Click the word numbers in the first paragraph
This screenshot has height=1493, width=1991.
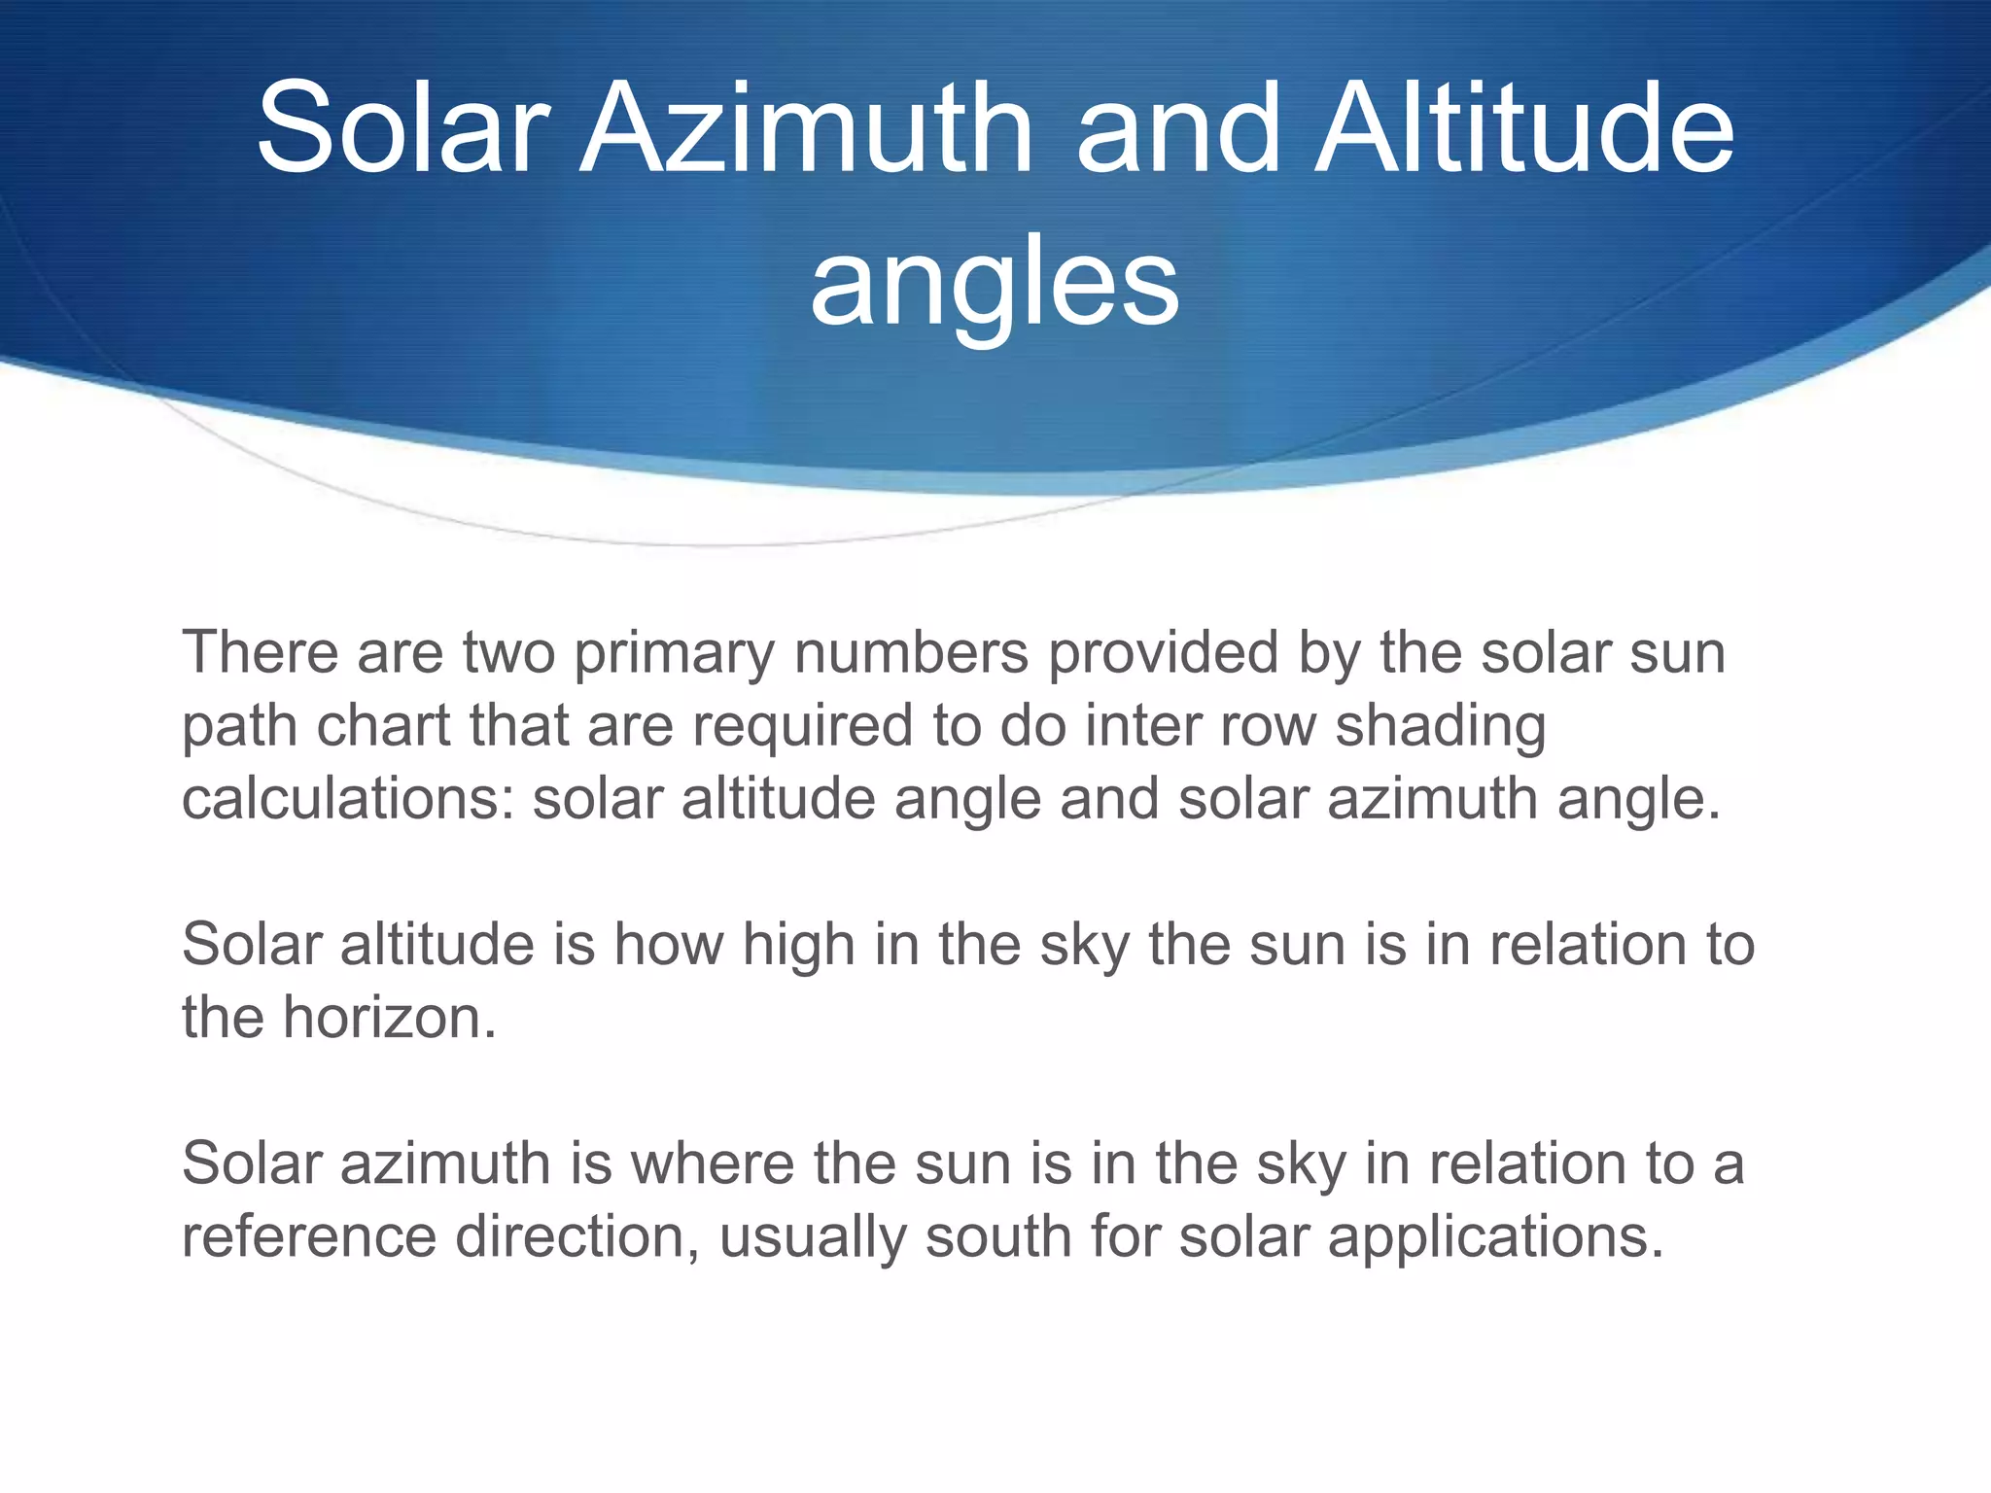pos(911,652)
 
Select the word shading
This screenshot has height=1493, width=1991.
pos(1440,728)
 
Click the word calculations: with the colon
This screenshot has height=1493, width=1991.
pos(347,799)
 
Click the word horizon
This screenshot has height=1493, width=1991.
pos(390,1018)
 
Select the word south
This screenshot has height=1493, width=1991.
pos(997,1236)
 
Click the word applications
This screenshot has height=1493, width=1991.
pos(1495,1238)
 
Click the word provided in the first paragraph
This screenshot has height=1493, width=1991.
pos(1162,652)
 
